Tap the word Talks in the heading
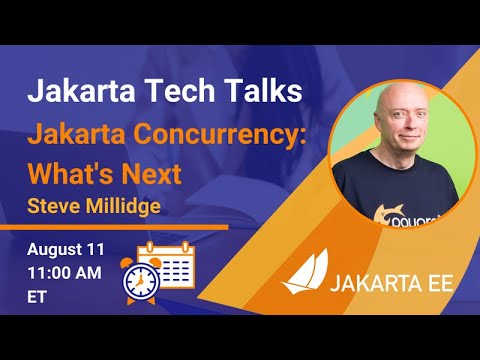coord(255,92)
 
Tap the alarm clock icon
coord(140,280)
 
